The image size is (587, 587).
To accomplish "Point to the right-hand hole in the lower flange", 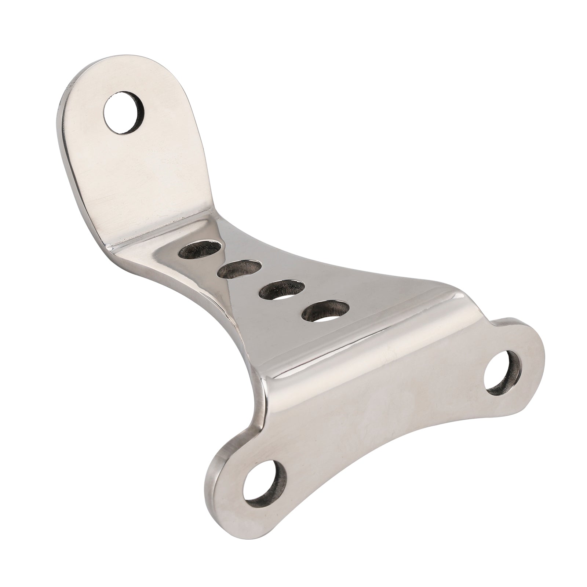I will pos(504,370).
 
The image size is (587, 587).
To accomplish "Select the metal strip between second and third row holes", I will pos(260,280).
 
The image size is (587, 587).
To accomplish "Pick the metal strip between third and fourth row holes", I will pos(303,301).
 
